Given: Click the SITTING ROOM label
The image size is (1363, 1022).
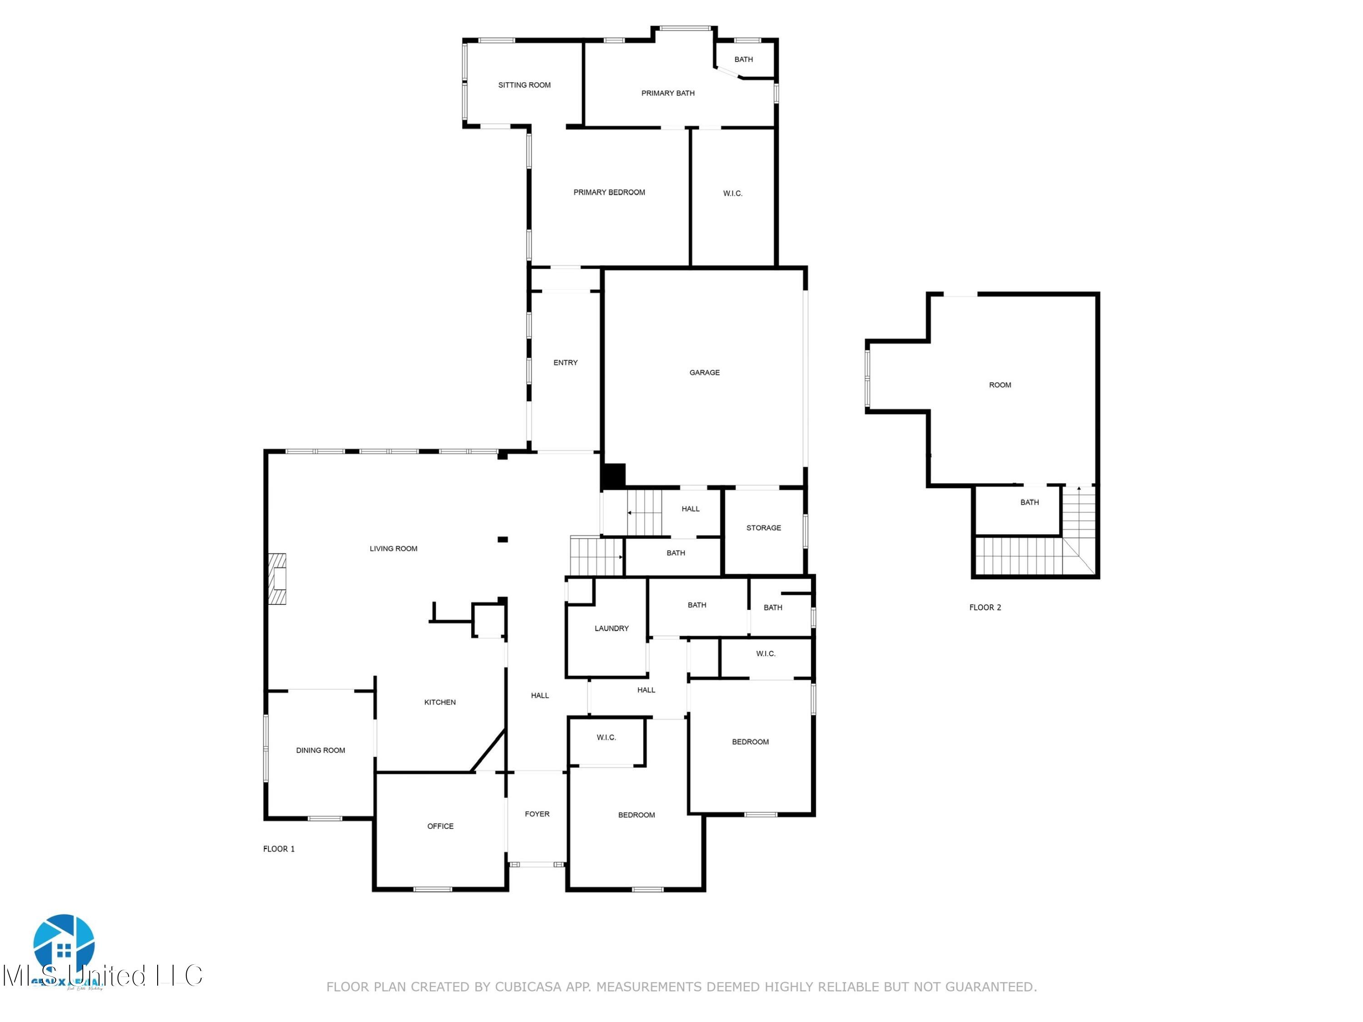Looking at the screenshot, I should pos(524,85).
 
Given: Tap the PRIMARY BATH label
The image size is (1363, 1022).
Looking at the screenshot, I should pos(667,93).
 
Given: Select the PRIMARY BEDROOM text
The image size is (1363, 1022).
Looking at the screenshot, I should pos(609,192).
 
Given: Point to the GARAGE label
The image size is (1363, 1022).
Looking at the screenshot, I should pos(704,372).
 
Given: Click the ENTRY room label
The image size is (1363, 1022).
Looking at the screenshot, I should pos(565,363).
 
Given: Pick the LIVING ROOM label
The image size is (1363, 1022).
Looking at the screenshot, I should pos(393,548).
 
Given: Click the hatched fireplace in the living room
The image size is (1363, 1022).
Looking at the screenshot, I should pos(277,579).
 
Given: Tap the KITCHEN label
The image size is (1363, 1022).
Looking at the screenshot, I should pos(440,702).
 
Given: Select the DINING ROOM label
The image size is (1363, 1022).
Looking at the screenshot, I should pos(320,750).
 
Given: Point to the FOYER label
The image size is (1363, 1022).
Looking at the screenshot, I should pos(537,814).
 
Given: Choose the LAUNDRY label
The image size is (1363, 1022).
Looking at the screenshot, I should pos(611,628).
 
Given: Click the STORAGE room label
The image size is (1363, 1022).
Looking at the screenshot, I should pos(763,528).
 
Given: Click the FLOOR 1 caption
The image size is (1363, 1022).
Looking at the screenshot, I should pos(279,849).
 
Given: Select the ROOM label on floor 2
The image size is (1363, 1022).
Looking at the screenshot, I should pos(1000,384).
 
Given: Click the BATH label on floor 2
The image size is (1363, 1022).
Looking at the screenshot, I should pos(1029,503).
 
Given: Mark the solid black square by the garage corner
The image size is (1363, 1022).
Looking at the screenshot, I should pos(613,476).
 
